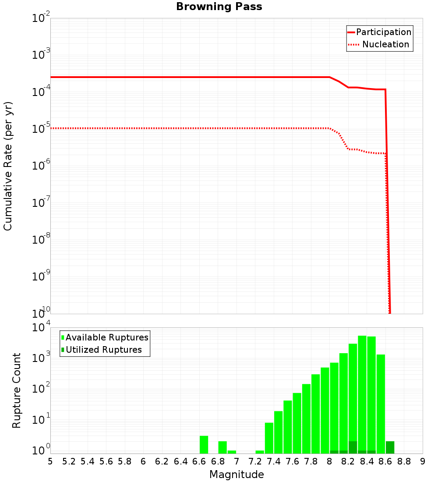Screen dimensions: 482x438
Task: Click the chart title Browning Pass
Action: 219,7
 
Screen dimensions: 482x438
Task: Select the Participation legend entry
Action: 384,32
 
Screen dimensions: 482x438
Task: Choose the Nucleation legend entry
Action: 385,44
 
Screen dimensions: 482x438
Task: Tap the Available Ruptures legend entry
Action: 107,337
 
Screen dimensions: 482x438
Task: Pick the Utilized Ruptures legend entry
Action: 103,350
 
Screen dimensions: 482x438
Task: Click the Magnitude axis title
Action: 237,475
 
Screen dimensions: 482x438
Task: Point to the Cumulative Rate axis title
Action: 8,166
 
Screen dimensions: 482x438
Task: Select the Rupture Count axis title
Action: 17,390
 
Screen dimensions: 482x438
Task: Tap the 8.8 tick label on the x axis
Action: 404,461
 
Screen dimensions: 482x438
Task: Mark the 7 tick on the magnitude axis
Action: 237,461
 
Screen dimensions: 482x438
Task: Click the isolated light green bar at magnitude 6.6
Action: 204,444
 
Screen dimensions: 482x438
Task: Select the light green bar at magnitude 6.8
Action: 223,447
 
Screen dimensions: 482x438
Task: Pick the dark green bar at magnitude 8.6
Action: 390,447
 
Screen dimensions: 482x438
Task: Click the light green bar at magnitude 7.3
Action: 260,452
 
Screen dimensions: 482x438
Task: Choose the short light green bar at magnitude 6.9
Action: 232,452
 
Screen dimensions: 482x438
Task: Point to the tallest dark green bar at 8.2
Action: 353,447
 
